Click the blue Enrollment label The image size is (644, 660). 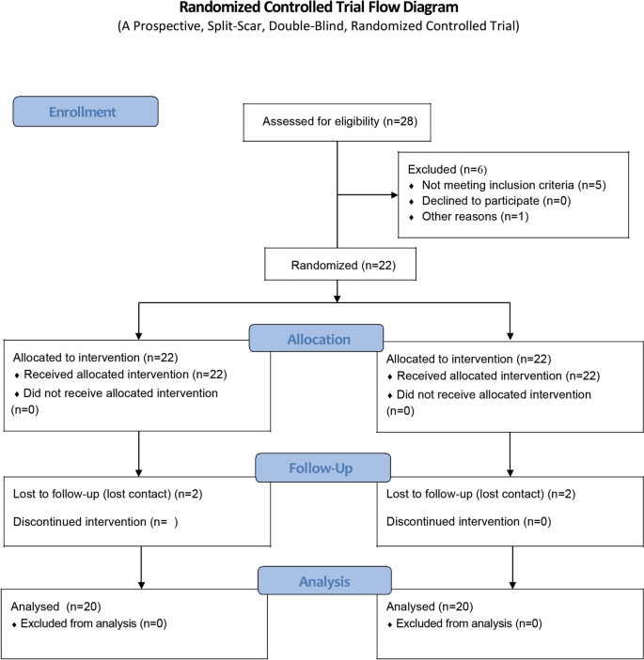click(x=85, y=112)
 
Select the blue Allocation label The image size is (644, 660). click(x=316, y=339)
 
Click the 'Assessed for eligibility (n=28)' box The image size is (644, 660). click(x=336, y=122)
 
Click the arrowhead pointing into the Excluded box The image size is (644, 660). click(x=393, y=196)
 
